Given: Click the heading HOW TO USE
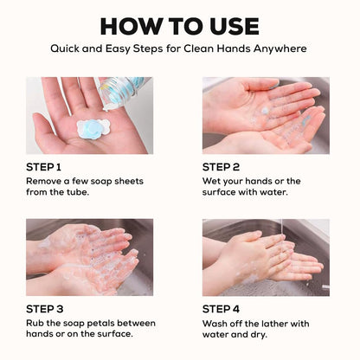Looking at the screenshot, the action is coord(179,26).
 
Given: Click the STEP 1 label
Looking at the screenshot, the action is coord(43,167).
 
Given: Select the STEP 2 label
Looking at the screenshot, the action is coord(221,167).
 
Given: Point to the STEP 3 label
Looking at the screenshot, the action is coord(45,309).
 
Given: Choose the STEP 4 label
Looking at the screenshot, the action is coord(221,309).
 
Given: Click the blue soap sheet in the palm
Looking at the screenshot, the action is coord(93,129).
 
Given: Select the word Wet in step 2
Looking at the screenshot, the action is coord(210,181).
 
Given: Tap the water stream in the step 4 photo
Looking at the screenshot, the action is coord(281,228).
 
